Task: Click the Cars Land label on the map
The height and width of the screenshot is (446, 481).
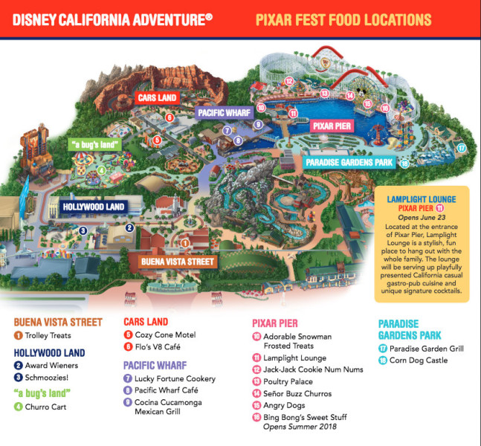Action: point(157,97)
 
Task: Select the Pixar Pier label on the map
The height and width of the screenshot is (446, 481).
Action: point(331,126)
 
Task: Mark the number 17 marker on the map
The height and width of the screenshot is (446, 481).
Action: point(461,149)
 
